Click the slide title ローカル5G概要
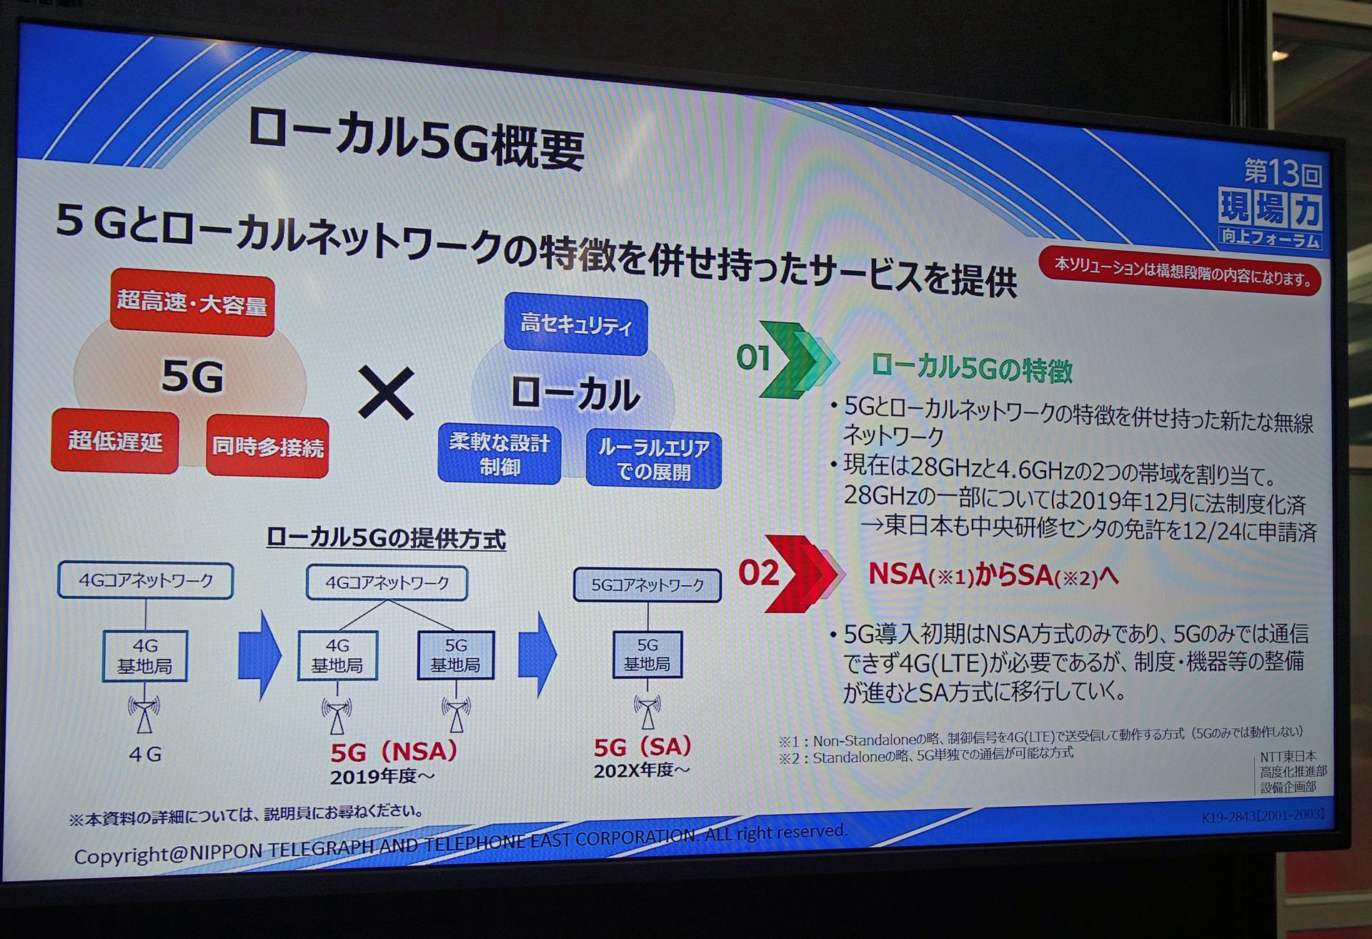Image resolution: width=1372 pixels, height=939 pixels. point(417,141)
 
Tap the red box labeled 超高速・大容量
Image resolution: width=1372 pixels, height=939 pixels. point(192,305)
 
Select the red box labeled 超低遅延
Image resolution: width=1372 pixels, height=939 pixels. point(115,441)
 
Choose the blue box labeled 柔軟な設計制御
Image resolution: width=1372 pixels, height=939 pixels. point(499,454)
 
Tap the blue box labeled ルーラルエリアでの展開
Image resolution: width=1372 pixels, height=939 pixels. point(653,459)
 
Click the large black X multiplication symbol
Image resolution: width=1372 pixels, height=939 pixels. point(386,392)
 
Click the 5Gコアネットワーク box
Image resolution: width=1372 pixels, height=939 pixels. point(647,585)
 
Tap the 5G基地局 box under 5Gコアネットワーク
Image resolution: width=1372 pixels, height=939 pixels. point(647,654)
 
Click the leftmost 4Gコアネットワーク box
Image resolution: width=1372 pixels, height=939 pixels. point(146,580)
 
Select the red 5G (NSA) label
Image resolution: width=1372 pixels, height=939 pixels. point(393,751)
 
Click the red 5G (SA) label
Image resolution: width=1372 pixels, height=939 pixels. point(642,747)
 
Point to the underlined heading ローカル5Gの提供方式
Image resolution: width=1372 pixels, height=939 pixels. point(386,537)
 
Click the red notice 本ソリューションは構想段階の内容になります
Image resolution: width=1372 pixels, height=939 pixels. point(1183,269)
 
